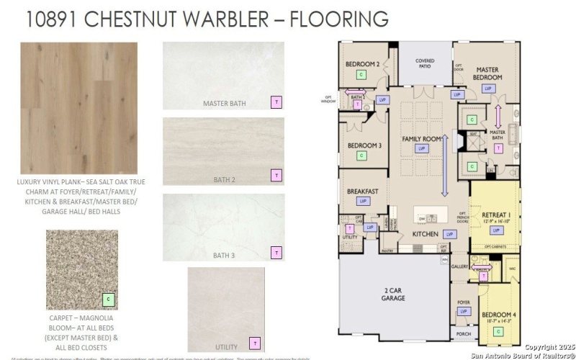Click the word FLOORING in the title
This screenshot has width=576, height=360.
pos(338,19)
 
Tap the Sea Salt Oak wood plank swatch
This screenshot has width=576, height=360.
pos(78,108)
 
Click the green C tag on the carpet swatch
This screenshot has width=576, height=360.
pos(109,299)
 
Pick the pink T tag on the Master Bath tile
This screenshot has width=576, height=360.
pos(276,102)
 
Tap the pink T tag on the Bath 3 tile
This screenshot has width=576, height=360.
pos(276,252)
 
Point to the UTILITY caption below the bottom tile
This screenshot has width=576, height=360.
pos(225,347)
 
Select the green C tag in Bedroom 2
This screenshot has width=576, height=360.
pos(361,75)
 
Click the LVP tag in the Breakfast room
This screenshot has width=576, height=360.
pos(364,202)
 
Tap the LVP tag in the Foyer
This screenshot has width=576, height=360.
pos(464,312)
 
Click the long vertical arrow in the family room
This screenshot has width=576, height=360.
pos(444,165)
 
